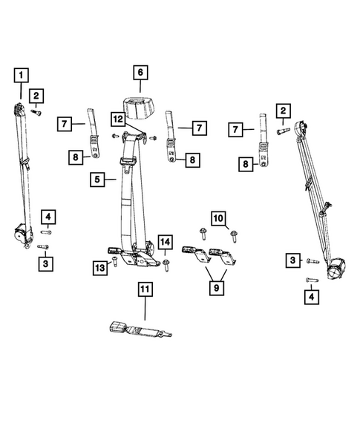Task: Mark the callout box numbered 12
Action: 118,118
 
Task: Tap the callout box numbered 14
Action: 165,241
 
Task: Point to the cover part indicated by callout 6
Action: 141,108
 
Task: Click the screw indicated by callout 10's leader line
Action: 235,236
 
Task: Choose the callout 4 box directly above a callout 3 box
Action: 48,217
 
